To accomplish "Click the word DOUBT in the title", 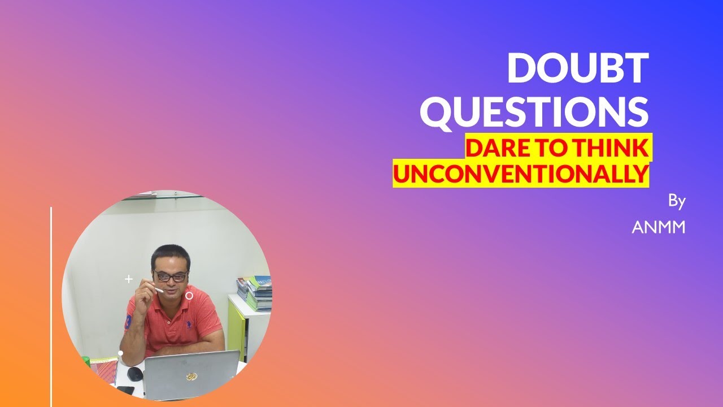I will [577, 68].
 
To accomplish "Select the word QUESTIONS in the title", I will [534, 112].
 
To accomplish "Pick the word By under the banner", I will [676, 201].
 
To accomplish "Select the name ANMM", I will [658, 227].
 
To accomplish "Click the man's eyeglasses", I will [171, 276].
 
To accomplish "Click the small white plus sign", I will [129, 279].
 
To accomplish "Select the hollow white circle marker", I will [189, 296].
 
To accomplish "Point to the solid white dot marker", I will [120, 353].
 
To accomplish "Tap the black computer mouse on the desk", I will [135, 374].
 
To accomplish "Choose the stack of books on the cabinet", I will [257, 293].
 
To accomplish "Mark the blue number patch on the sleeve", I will [129, 322].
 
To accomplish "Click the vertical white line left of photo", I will [51, 305].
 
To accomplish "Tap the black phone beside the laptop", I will [125, 390].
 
